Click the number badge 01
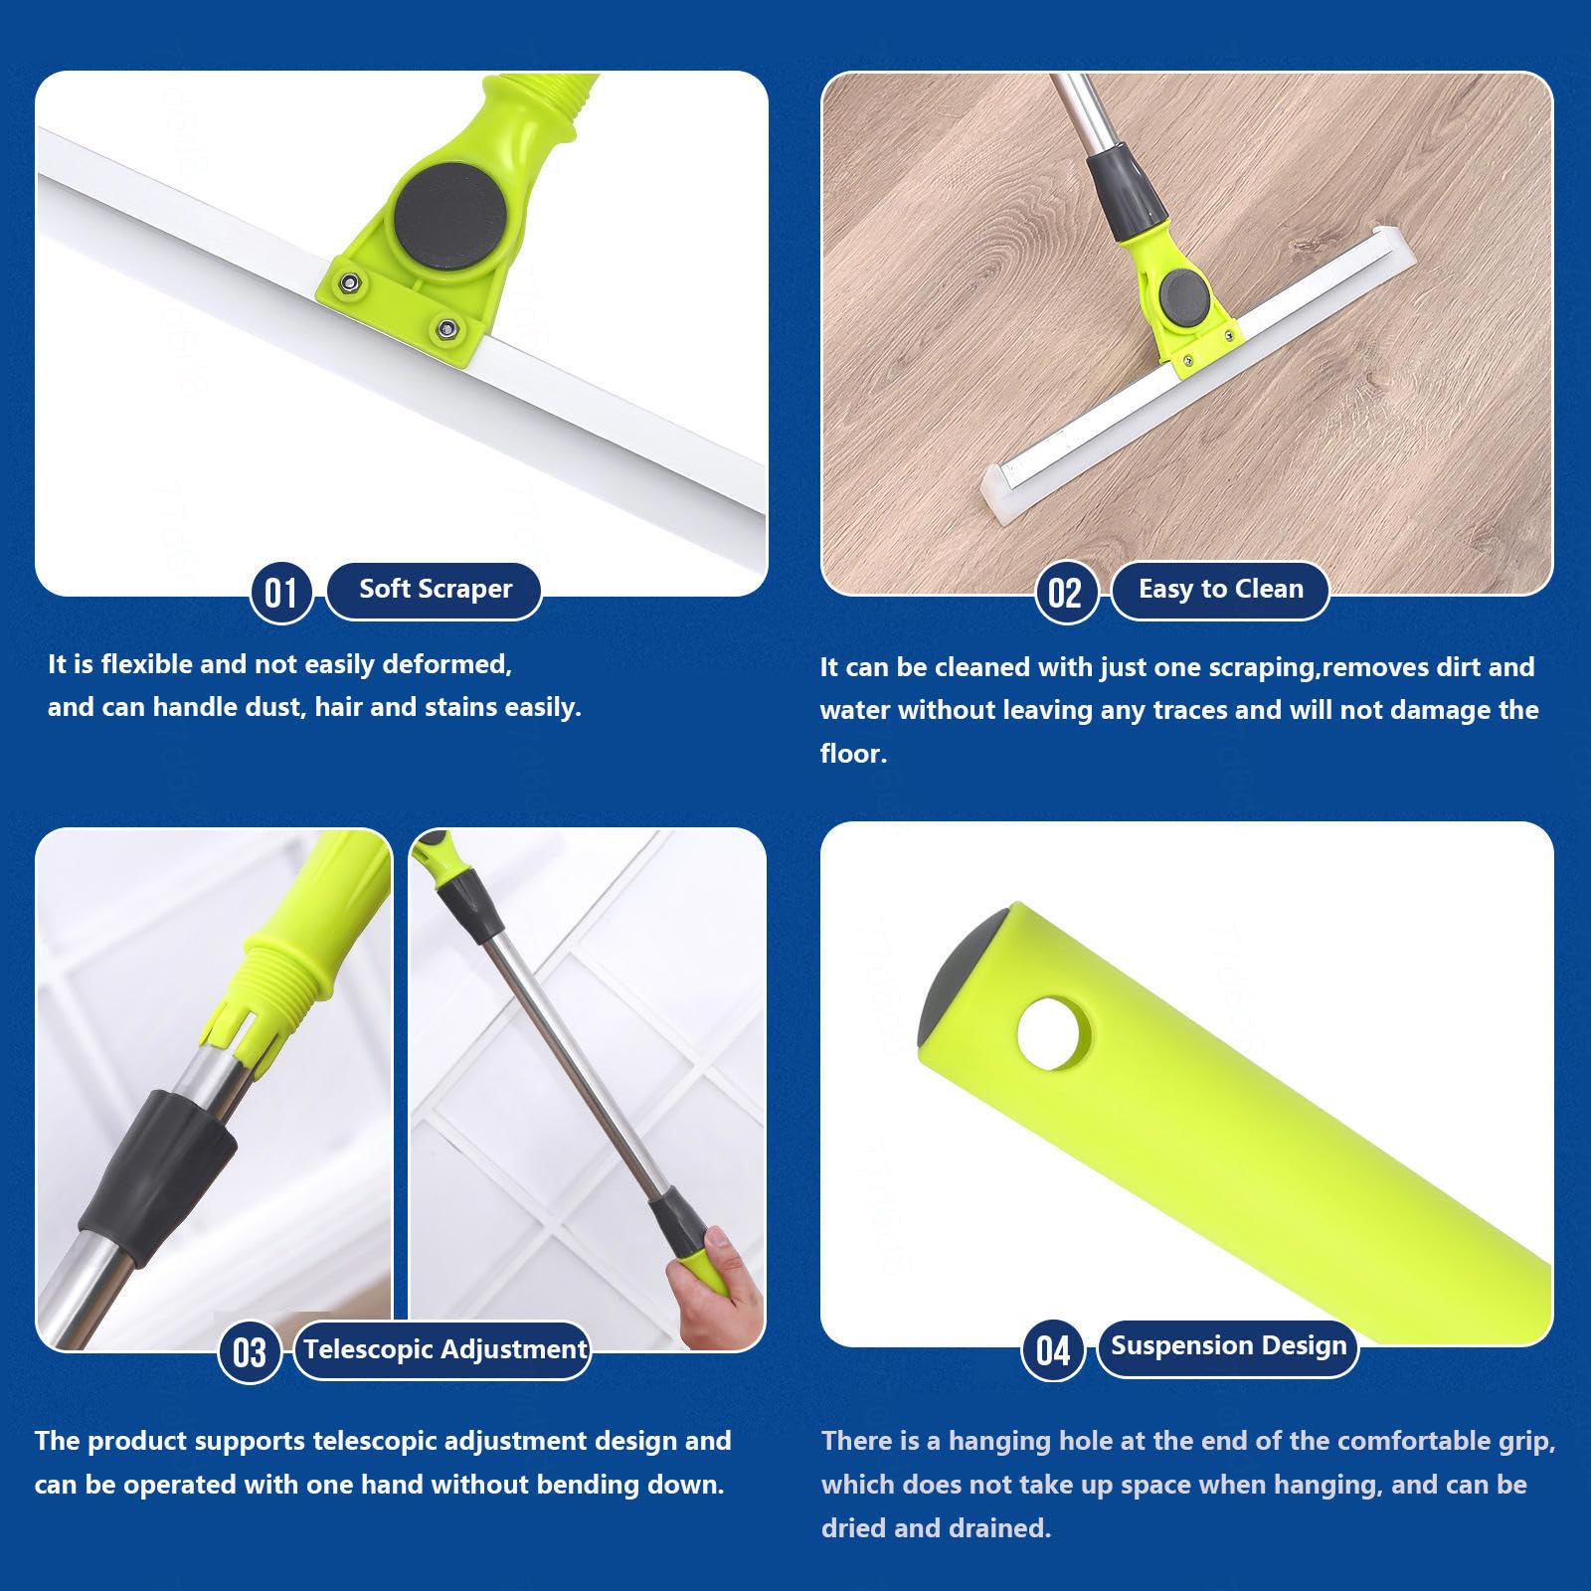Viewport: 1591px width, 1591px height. click(281, 593)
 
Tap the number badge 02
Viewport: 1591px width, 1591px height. click(1065, 593)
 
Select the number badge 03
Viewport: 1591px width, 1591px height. click(250, 1352)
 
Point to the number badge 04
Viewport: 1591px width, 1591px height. click(1053, 1349)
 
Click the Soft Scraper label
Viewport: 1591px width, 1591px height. click(435, 590)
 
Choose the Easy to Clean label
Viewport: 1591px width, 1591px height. click(1220, 590)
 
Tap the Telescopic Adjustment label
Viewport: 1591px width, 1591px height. click(443, 1350)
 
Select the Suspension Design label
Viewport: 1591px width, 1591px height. click(1228, 1346)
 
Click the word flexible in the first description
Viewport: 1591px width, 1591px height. click(149, 664)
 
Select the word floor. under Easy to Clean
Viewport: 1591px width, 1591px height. click(853, 754)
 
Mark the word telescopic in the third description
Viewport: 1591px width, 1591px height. click(375, 1441)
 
